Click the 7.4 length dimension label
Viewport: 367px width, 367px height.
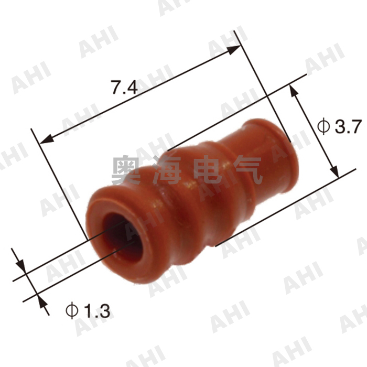[x=124, y=87]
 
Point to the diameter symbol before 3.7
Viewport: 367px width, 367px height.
[x=323, y=126]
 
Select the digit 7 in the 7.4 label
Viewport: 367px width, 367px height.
[x=115, y=87]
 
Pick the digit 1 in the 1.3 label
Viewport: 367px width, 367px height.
[x=87, y=311]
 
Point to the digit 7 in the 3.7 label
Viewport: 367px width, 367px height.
[x=353, y=126]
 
